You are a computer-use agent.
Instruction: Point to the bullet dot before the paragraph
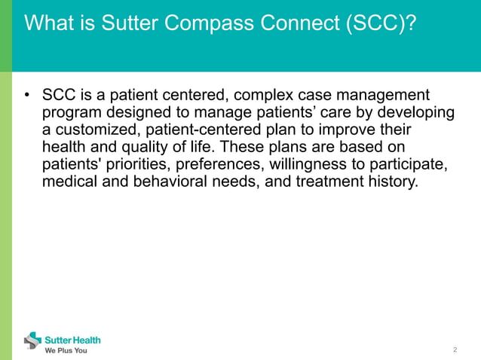(26, 96)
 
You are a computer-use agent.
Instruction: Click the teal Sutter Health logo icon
(33, 341)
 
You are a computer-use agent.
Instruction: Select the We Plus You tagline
(66, 350)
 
